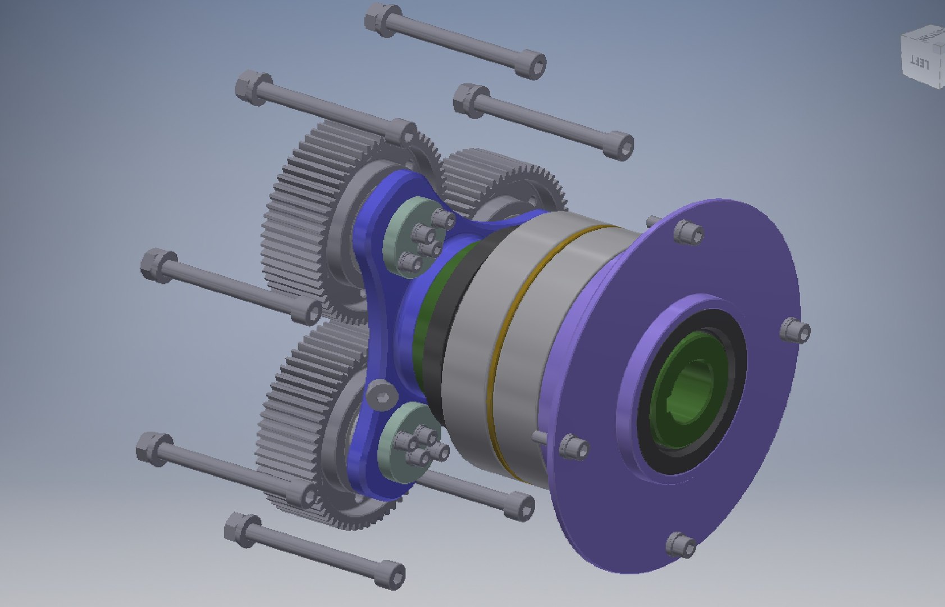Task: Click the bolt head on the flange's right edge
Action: (796, 330)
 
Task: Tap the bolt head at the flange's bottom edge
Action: (681, 545)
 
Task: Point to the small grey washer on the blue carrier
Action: (382, 396)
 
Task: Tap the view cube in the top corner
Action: (923, 56)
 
